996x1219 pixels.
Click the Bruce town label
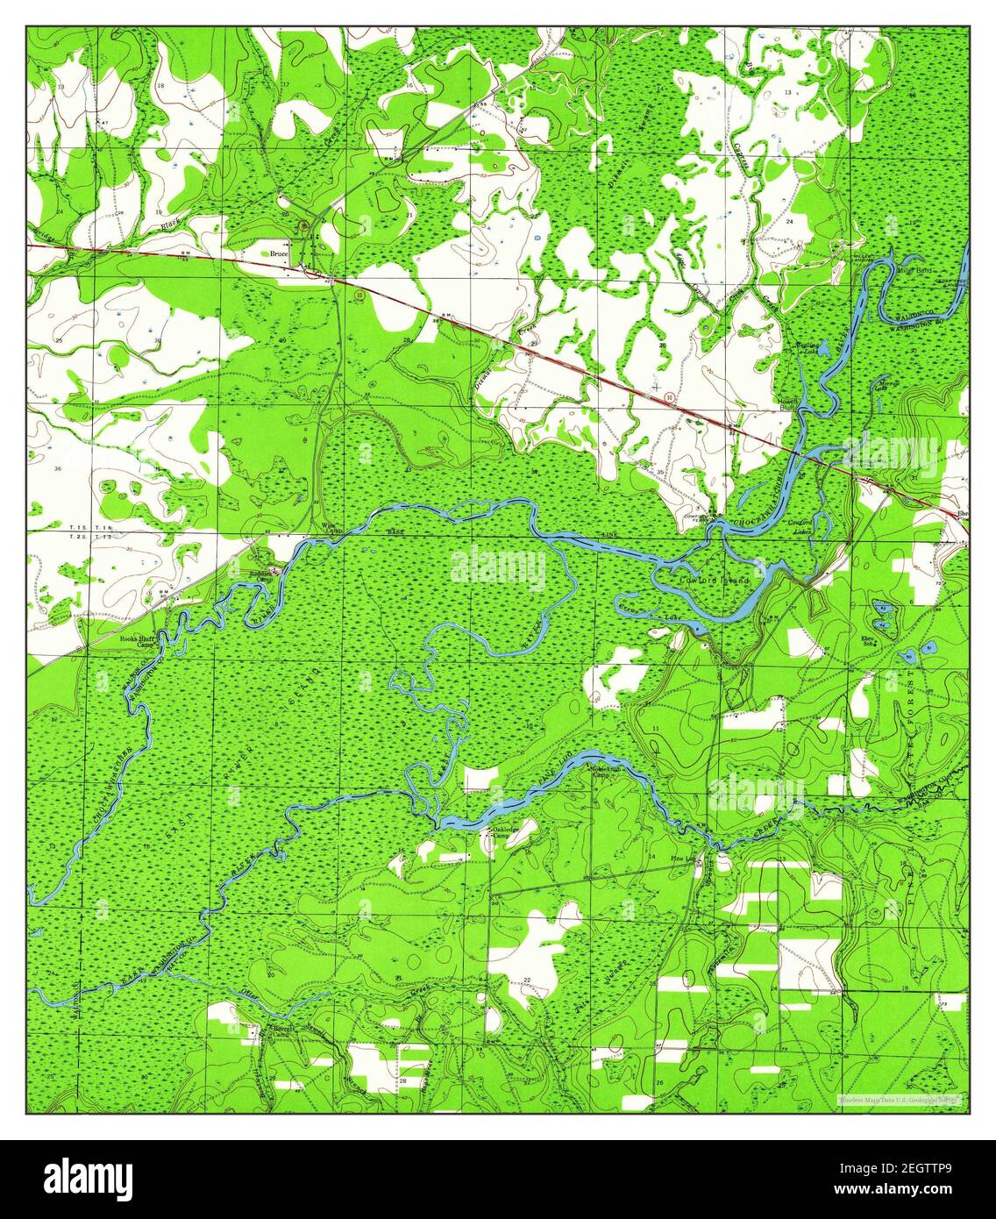coord(279,253)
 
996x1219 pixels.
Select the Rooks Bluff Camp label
coord(139,642)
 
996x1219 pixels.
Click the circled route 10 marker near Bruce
coord(359,296)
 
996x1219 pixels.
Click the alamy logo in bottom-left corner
coord(88,1178)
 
